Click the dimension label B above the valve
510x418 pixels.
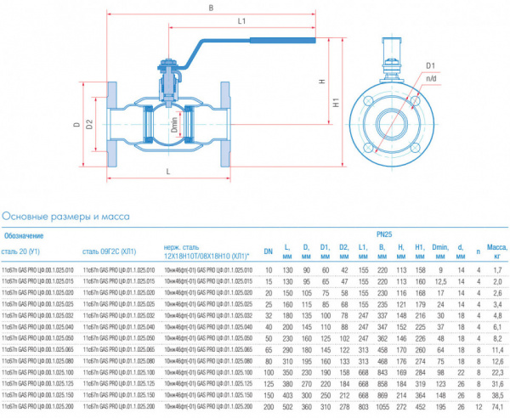click(x=210, y=8)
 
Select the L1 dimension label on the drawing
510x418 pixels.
click(x=242, y=21)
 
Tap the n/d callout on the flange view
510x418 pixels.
click(x=431, y=78)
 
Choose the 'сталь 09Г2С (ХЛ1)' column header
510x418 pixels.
click(x=110, y=251)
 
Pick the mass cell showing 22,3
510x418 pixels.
click(x=497, y=372)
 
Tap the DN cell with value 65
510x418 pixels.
click(x=268, y=349)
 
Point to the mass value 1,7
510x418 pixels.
click(x=497, y=269)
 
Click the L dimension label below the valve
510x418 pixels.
click(x=167, y=172)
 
